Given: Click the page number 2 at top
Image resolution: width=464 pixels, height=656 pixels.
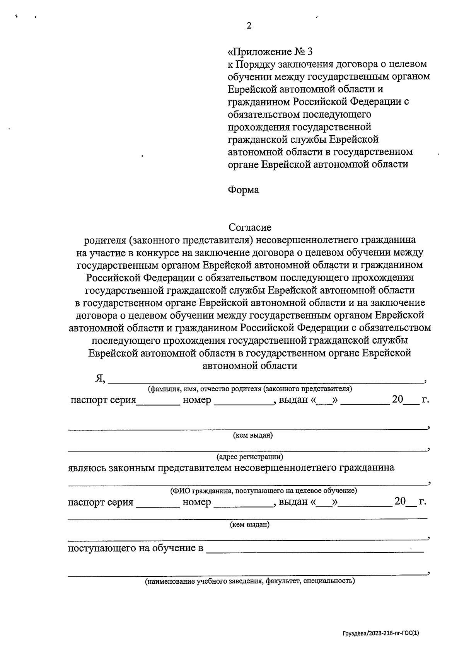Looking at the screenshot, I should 249,26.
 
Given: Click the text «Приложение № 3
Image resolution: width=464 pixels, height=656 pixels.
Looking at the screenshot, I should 270,51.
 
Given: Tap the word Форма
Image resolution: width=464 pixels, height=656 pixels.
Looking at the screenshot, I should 243,190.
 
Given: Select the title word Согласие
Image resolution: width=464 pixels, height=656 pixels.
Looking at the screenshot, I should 250,227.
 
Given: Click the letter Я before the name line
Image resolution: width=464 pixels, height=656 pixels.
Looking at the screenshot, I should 100,378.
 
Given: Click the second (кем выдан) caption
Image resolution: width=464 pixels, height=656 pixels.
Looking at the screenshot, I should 250,525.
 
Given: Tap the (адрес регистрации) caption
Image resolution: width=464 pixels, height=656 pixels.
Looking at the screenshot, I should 250,457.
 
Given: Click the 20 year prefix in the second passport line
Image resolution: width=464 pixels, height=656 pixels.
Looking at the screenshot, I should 400,502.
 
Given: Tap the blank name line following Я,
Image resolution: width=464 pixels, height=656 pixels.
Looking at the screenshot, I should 265,380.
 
